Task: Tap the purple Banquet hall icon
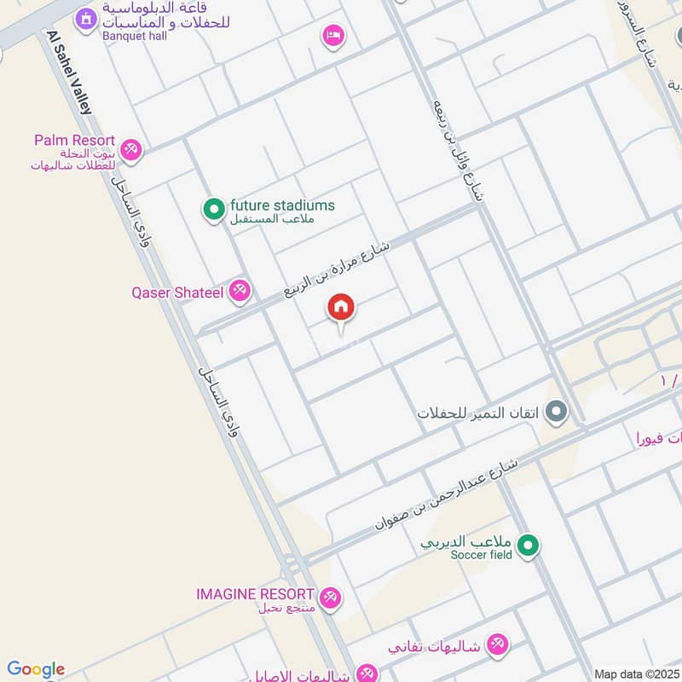[x=85, y=18]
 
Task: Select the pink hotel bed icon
[x=333, y=35]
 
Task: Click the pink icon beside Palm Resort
[x=130, y=149]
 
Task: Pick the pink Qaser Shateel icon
[x=240, y=292]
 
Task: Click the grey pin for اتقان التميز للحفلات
[x=558, y=413]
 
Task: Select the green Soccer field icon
[x=529, y=544]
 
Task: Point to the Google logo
[x=36, y=669]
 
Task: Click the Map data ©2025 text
[x=635, y=673]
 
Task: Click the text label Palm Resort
[x=74, y=140]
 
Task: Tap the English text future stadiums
[x=282, y=205]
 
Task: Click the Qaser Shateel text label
[x=176, y=292]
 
